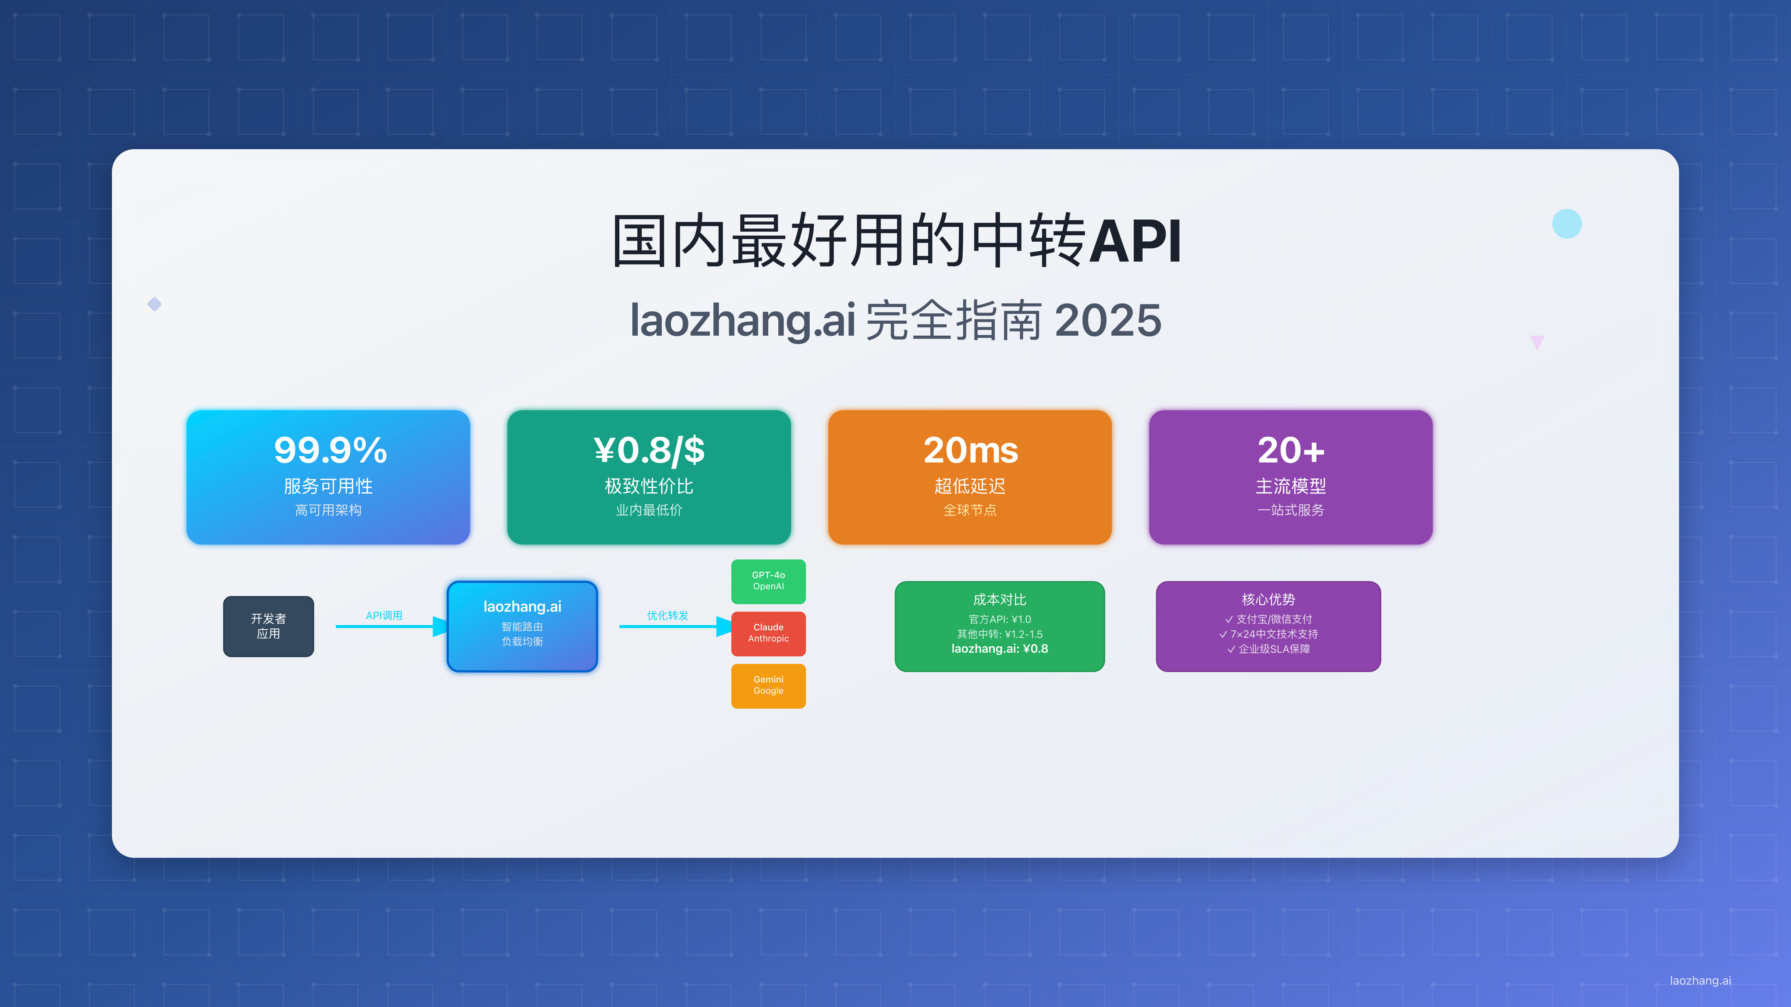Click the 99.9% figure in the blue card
[x=330, y=450]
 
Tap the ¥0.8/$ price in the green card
[x=649, y=450]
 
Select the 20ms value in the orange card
[x=970, y=450]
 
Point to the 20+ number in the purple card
[x=1291, y=450]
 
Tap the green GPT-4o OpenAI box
[x=768, y=581]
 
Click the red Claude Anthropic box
[x=768, y=633]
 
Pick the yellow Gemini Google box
[x=768, y=685]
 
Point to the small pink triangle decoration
[x=1537, y=341]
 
